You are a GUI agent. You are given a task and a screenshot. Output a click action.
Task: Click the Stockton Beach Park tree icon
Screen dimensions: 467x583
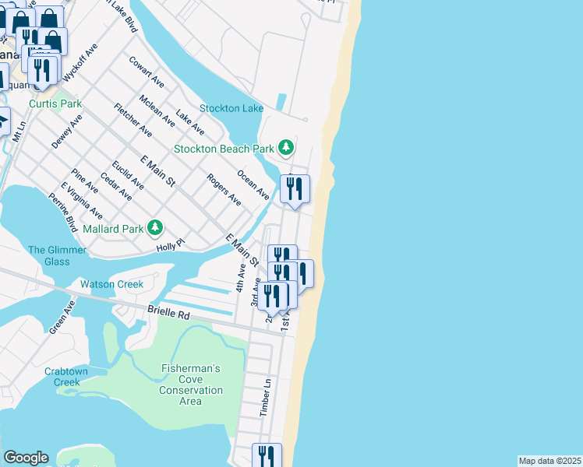point(287,147)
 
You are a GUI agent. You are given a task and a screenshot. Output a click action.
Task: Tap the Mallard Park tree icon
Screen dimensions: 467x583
point(156,227)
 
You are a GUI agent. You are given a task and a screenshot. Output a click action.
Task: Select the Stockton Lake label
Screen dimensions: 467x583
point(231,108)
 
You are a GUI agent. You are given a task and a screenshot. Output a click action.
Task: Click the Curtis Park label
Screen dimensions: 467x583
point(55,104)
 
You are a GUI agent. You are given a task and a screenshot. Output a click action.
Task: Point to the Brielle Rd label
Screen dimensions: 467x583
point(168,314)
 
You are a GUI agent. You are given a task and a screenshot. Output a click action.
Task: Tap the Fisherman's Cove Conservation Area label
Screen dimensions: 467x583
point(191,384)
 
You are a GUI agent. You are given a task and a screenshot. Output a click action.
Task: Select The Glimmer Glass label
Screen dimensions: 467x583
point(48,255)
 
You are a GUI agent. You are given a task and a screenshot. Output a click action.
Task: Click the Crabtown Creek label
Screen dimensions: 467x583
point(62,377)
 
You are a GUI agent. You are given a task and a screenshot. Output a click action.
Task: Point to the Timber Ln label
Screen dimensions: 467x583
point(266,397)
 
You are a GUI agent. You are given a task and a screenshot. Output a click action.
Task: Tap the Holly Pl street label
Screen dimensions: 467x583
point(168,244)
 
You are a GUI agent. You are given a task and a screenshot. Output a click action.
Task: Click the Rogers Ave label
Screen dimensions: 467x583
point(224,189)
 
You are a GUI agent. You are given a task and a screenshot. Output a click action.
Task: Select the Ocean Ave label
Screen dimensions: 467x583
point(253,184)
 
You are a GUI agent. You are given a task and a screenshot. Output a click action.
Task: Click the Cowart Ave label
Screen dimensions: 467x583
point(147,72)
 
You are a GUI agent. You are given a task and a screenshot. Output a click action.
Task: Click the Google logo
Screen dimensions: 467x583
point(26,458)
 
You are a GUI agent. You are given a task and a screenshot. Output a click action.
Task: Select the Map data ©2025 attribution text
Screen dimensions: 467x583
point(550,461)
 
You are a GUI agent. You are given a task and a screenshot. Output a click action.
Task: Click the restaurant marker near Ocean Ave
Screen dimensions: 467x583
point(295,189)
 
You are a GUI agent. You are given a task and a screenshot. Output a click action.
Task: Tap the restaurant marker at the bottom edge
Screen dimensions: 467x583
point(267,456)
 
